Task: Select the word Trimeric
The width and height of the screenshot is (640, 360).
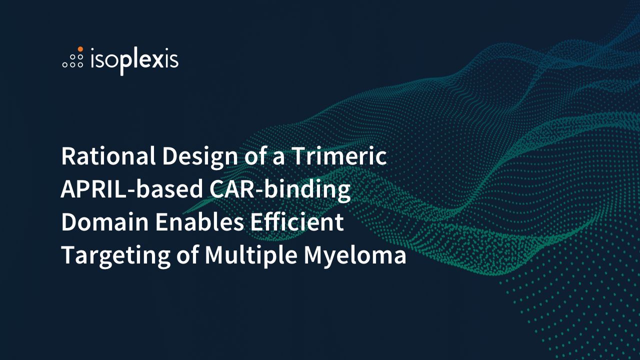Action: (339, 156)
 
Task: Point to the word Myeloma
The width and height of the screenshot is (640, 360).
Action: (355, 256)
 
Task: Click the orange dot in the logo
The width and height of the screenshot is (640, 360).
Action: (80, 49)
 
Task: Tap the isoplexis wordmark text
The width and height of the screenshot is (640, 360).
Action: (134, 60)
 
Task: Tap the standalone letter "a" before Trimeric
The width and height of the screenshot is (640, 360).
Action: (278, 158)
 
